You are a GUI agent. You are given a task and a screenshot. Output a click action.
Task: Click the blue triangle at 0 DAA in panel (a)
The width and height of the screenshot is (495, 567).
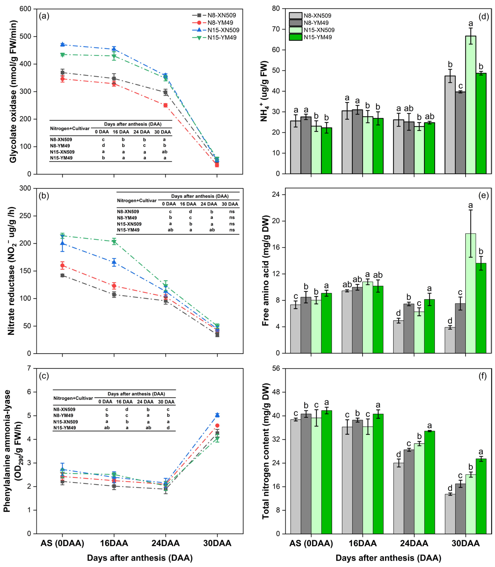[x=62, y=44]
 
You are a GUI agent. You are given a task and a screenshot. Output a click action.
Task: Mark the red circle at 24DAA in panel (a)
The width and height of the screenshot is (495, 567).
[x=165, y=105]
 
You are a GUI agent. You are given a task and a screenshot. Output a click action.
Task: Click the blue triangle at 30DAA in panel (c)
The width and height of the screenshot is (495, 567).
[x=217, y=415]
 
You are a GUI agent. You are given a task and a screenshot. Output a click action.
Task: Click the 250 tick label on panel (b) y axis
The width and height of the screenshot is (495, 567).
[x=25, y=216]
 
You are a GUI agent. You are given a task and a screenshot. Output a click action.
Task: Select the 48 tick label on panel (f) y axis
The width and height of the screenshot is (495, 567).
[x=276, y=392]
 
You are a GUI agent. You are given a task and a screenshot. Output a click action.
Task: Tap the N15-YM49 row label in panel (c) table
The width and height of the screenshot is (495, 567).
[x=65, y=428]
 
